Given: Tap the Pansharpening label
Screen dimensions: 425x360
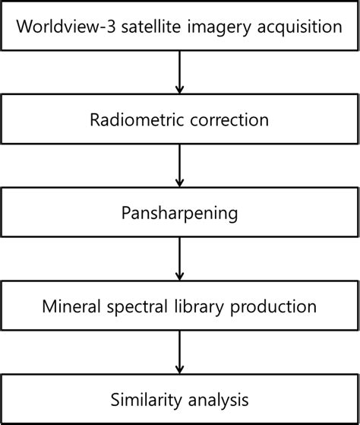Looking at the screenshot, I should [179, 214].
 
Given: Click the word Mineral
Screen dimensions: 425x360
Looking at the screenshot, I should [71, 306].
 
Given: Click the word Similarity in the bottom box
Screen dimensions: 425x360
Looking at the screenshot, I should [143, 399].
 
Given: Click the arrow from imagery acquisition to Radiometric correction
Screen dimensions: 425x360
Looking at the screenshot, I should [180, 73].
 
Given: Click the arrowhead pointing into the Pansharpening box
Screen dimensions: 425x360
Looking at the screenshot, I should [180, 183].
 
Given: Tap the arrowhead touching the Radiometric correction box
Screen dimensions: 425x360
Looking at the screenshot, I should [180, 90].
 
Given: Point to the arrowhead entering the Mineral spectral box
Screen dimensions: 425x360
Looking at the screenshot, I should [180, 276].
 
